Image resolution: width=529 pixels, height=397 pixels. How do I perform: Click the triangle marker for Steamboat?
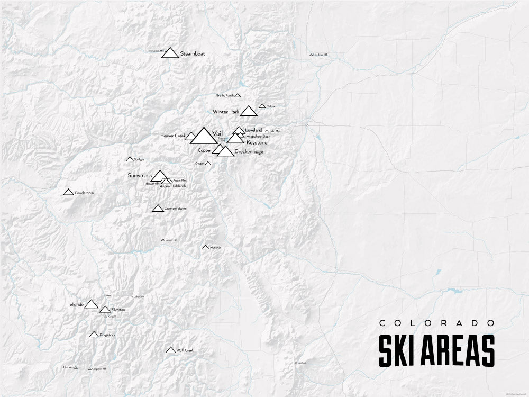click(x=169, y=52)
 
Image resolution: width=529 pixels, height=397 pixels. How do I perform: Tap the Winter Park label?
click(x=226, y=112)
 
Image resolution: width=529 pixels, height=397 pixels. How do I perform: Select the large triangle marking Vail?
click(x=203, y=136)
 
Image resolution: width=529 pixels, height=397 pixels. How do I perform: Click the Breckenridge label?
click(x=249, y=152)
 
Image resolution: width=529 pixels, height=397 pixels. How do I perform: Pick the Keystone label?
click(x=257, y=142)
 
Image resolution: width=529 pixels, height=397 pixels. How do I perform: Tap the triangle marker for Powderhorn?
click(x=68, y=192)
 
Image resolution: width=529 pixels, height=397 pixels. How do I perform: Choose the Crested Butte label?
click(x=176, y=209)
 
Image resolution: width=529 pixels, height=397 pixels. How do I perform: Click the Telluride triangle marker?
click(x=91, y=304)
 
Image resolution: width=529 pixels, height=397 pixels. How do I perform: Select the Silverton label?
click(x=118, y=309)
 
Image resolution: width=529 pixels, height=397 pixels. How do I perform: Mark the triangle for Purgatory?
click(x=94, y=335)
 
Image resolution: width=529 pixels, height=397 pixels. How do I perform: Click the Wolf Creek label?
click(x=186, y=350)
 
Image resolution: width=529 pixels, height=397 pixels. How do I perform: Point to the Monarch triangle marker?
click(x=205, y=247)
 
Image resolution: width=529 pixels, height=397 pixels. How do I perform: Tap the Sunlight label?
click(x=139, y=159)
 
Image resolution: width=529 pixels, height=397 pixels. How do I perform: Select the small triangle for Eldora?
click(x=262, y=106)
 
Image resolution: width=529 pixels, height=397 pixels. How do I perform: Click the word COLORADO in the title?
click(x=436, y=323)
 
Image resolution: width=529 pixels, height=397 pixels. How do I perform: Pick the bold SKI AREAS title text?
click(x=436, y=350)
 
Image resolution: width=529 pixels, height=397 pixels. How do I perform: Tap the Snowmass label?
click(x=140, y=175)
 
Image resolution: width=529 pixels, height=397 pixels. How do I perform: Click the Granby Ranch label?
click(x=225, y=96)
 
